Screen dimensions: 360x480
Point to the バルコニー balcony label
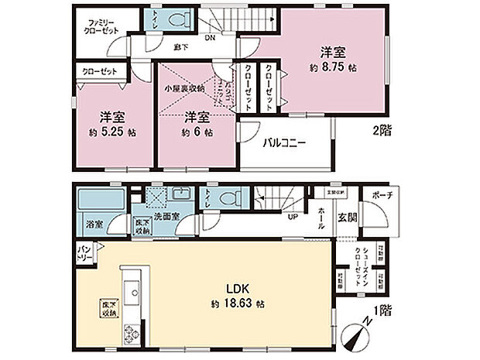pos(283,142)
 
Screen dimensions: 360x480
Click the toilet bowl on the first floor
pos(228,200)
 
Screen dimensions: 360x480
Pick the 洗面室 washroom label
pos(166,216)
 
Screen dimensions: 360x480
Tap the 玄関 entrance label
pos(347,218)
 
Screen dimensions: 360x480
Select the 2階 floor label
pos(381,131)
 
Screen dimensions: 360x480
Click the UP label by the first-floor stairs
pos(293,216)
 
